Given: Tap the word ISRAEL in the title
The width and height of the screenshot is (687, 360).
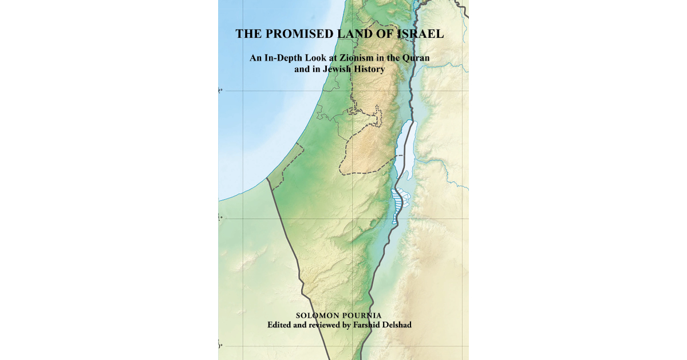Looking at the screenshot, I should point(418,34).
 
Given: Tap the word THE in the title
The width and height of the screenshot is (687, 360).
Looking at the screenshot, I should point(248,34).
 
